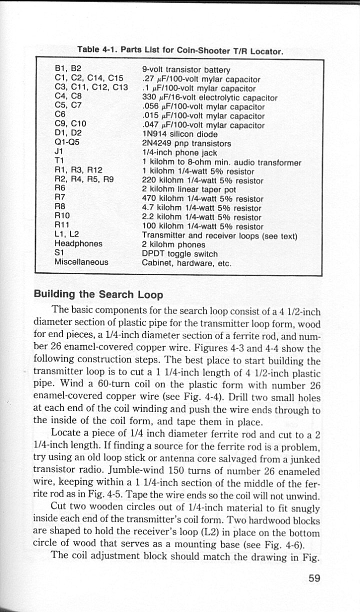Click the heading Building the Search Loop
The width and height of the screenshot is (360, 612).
pyautogui.click(x=98, y=295)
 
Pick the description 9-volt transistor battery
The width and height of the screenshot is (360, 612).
pyautogui.click(x=186, y=70)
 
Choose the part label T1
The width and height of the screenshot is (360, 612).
pyautogui.click(x=59, y=161)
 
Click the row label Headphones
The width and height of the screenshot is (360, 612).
pyautogui.click(x=78, y=244)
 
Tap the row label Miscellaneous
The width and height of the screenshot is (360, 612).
pyautogui.click(x=81, y=262)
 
